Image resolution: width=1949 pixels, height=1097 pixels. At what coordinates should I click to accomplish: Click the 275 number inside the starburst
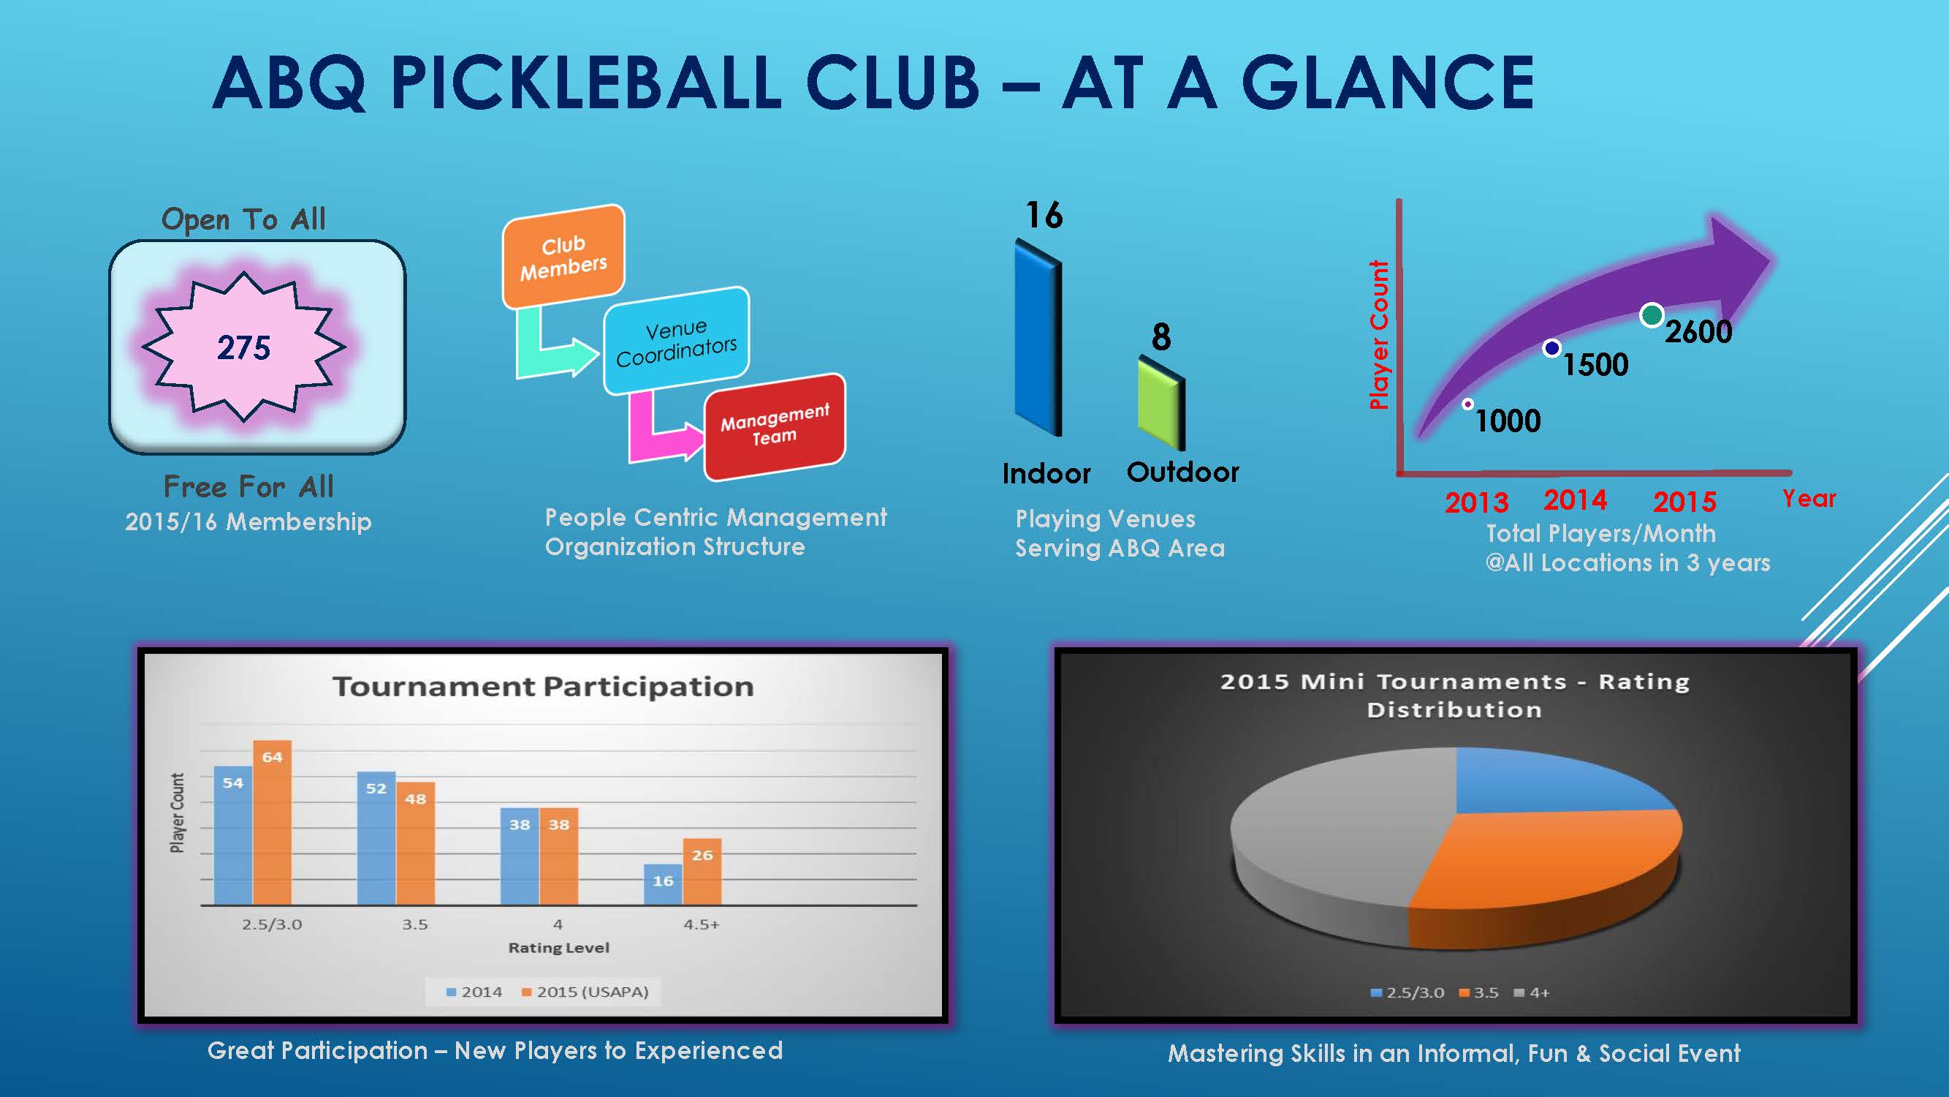pos(243,347)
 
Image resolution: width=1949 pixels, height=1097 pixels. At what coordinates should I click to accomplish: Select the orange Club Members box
pos(563,257)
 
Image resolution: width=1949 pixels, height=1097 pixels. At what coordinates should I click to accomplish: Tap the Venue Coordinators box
pos(676,342)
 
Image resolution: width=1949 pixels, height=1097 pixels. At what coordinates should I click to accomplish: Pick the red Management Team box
pos(775,426)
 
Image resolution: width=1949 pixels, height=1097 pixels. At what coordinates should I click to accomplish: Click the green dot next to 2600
pos(1651,315)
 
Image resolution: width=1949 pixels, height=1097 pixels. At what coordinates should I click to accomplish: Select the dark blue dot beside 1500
pos(1551,348)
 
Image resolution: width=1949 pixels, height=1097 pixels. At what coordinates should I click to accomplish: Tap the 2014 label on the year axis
pos(1576,500)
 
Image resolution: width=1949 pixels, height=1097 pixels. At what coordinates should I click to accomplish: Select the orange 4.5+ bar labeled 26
pos(702,872)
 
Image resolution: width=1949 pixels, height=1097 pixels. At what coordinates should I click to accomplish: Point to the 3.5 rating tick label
pos(414,924)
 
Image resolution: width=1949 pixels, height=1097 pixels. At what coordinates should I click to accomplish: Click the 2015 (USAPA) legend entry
pos(585,992)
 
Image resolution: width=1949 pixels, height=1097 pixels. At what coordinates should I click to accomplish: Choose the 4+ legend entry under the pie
pos(1532,992)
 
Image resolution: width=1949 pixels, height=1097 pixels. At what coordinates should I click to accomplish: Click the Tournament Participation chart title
pos(543,687)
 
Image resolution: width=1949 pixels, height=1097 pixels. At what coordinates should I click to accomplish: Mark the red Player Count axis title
pos(1379,334)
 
